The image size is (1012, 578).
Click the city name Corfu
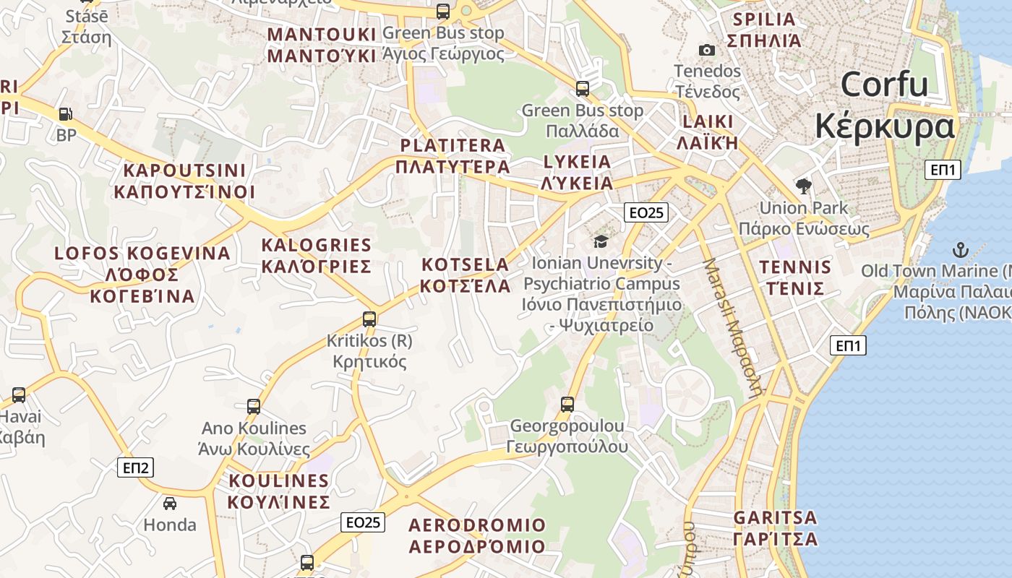click(x=885, y=85)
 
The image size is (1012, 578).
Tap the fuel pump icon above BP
click(x=66, y=114)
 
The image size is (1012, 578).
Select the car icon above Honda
click(x=170, y=503)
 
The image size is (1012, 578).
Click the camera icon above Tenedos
click(x=707, y=50)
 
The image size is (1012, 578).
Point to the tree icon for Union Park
click(x=803, y=186)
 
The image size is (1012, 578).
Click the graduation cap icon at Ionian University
click(x=601, y=241)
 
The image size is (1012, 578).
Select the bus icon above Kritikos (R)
click(x=369, y=319)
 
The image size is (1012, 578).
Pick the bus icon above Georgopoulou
click(x=567, y=405)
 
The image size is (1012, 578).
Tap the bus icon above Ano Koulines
click(x=254, y=407)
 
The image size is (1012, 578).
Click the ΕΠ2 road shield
click(x=136, y=467)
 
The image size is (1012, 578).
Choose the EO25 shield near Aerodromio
click(x=363, y=522)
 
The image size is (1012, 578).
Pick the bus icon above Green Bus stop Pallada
click(x=583, y=89)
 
